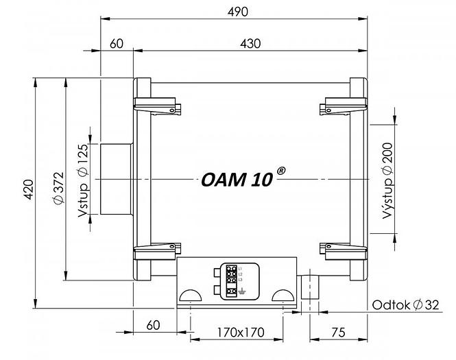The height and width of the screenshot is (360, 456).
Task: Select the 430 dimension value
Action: (251, 43)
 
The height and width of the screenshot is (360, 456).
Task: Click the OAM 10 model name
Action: (237, 180)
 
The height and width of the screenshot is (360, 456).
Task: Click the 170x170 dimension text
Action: (236, 333)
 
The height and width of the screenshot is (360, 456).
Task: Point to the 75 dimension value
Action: (337, 333)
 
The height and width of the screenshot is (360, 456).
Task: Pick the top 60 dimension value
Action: (116, 43)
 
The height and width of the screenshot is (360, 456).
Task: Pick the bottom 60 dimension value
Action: (153, 324)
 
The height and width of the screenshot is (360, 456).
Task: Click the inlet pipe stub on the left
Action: (116, 178)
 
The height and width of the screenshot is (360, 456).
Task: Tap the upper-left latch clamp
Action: (158, 106)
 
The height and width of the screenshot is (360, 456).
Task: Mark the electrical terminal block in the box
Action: (232, 280)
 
